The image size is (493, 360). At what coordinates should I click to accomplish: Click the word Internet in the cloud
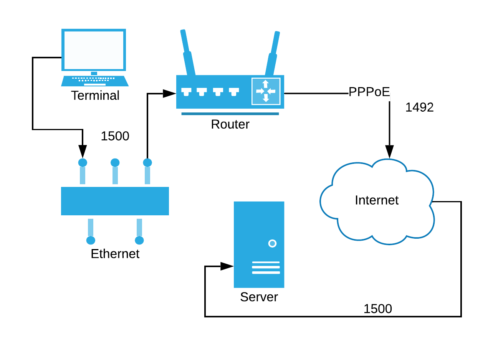tap(376, 200)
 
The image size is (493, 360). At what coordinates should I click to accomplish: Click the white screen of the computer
tap(94, 50)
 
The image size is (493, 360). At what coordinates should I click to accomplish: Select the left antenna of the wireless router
tap(188, 54)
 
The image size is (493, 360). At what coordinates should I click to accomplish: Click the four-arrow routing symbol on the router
tap(266, 91)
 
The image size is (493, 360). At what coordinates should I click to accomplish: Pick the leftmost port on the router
tap(186, 91)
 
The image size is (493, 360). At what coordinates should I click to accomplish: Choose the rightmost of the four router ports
tap(234, 91)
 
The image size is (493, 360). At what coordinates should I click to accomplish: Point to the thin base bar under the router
tap(230, 114)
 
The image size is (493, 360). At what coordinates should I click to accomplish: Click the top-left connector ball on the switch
tap(83, 163)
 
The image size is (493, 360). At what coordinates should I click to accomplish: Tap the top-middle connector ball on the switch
tap(115, 163)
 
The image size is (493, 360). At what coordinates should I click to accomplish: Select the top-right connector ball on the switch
tap(147, 163)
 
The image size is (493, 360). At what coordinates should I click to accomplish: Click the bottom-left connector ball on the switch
tap(91, 240)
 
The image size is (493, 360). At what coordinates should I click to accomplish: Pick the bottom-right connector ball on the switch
tap(139, 240)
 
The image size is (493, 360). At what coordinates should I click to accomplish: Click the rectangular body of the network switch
tap(115, 201)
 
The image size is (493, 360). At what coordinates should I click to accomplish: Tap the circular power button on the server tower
tap(272, 243)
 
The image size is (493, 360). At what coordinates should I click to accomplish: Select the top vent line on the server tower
tap(266, 262)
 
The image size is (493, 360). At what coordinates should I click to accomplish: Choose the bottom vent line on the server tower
tap(266, 272)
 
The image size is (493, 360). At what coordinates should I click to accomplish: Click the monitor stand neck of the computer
tap(94, 73)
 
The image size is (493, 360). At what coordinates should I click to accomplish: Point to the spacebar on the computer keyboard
tap(95, 84)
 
